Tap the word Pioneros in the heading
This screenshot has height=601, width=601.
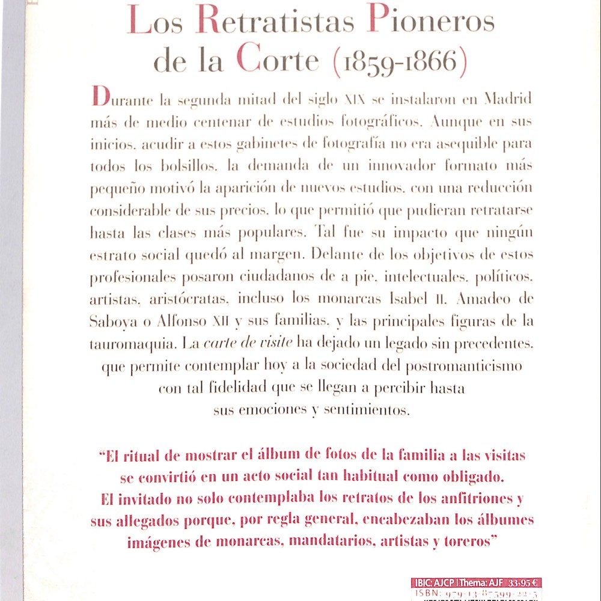430,22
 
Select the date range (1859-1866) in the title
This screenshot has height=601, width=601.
398,62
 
